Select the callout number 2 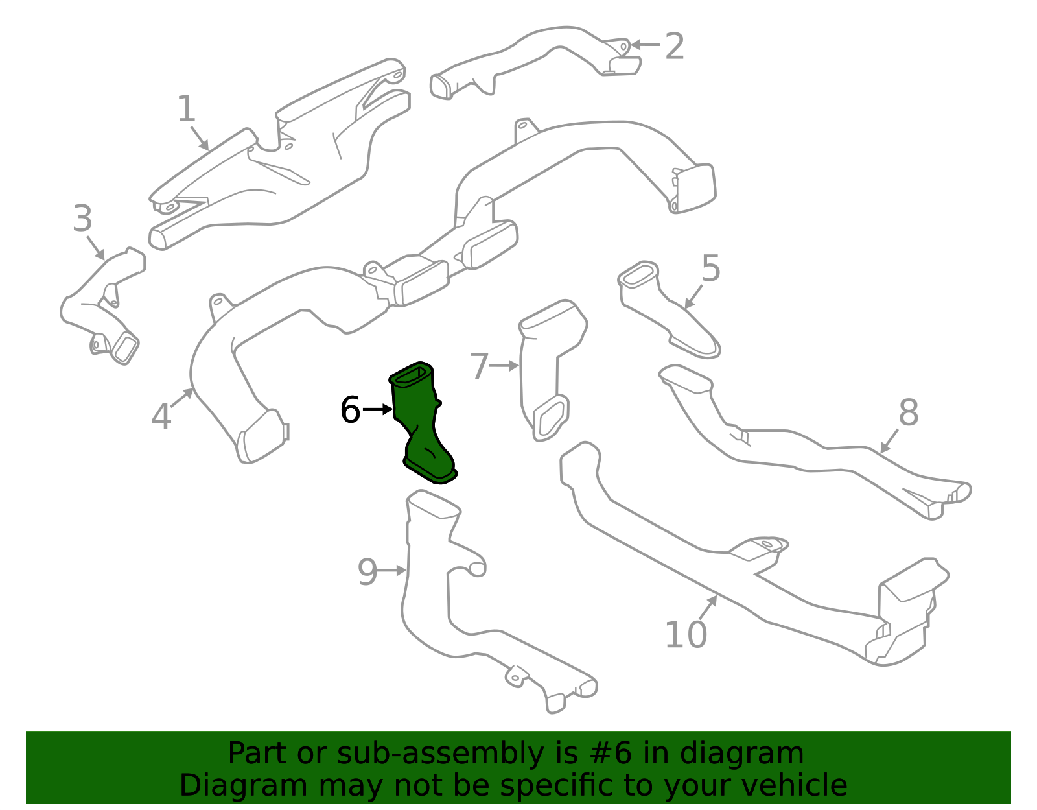pyautogui.click(x=675, y=46)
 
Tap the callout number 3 pyautogui.click(x=82, y=218)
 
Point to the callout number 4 pyautogui.click(x=161, y=416)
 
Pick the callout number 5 pyautogui.click(x=710, y=268)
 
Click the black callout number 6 pyautogui.click(x=350, y=409)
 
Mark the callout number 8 pyautogui.click(x=909, y=412)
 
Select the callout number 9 pyautogui.click(x=367, y=572)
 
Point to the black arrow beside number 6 pyautogui.click(x=378, y=409)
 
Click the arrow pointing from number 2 pyautogui.click(x=645, y=45)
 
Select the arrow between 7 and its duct pyautogui.click(x=504, y=366)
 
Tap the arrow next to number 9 pyautogui.click(x=392, y=571)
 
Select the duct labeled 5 pyautogui.click(x=668, y=309)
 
